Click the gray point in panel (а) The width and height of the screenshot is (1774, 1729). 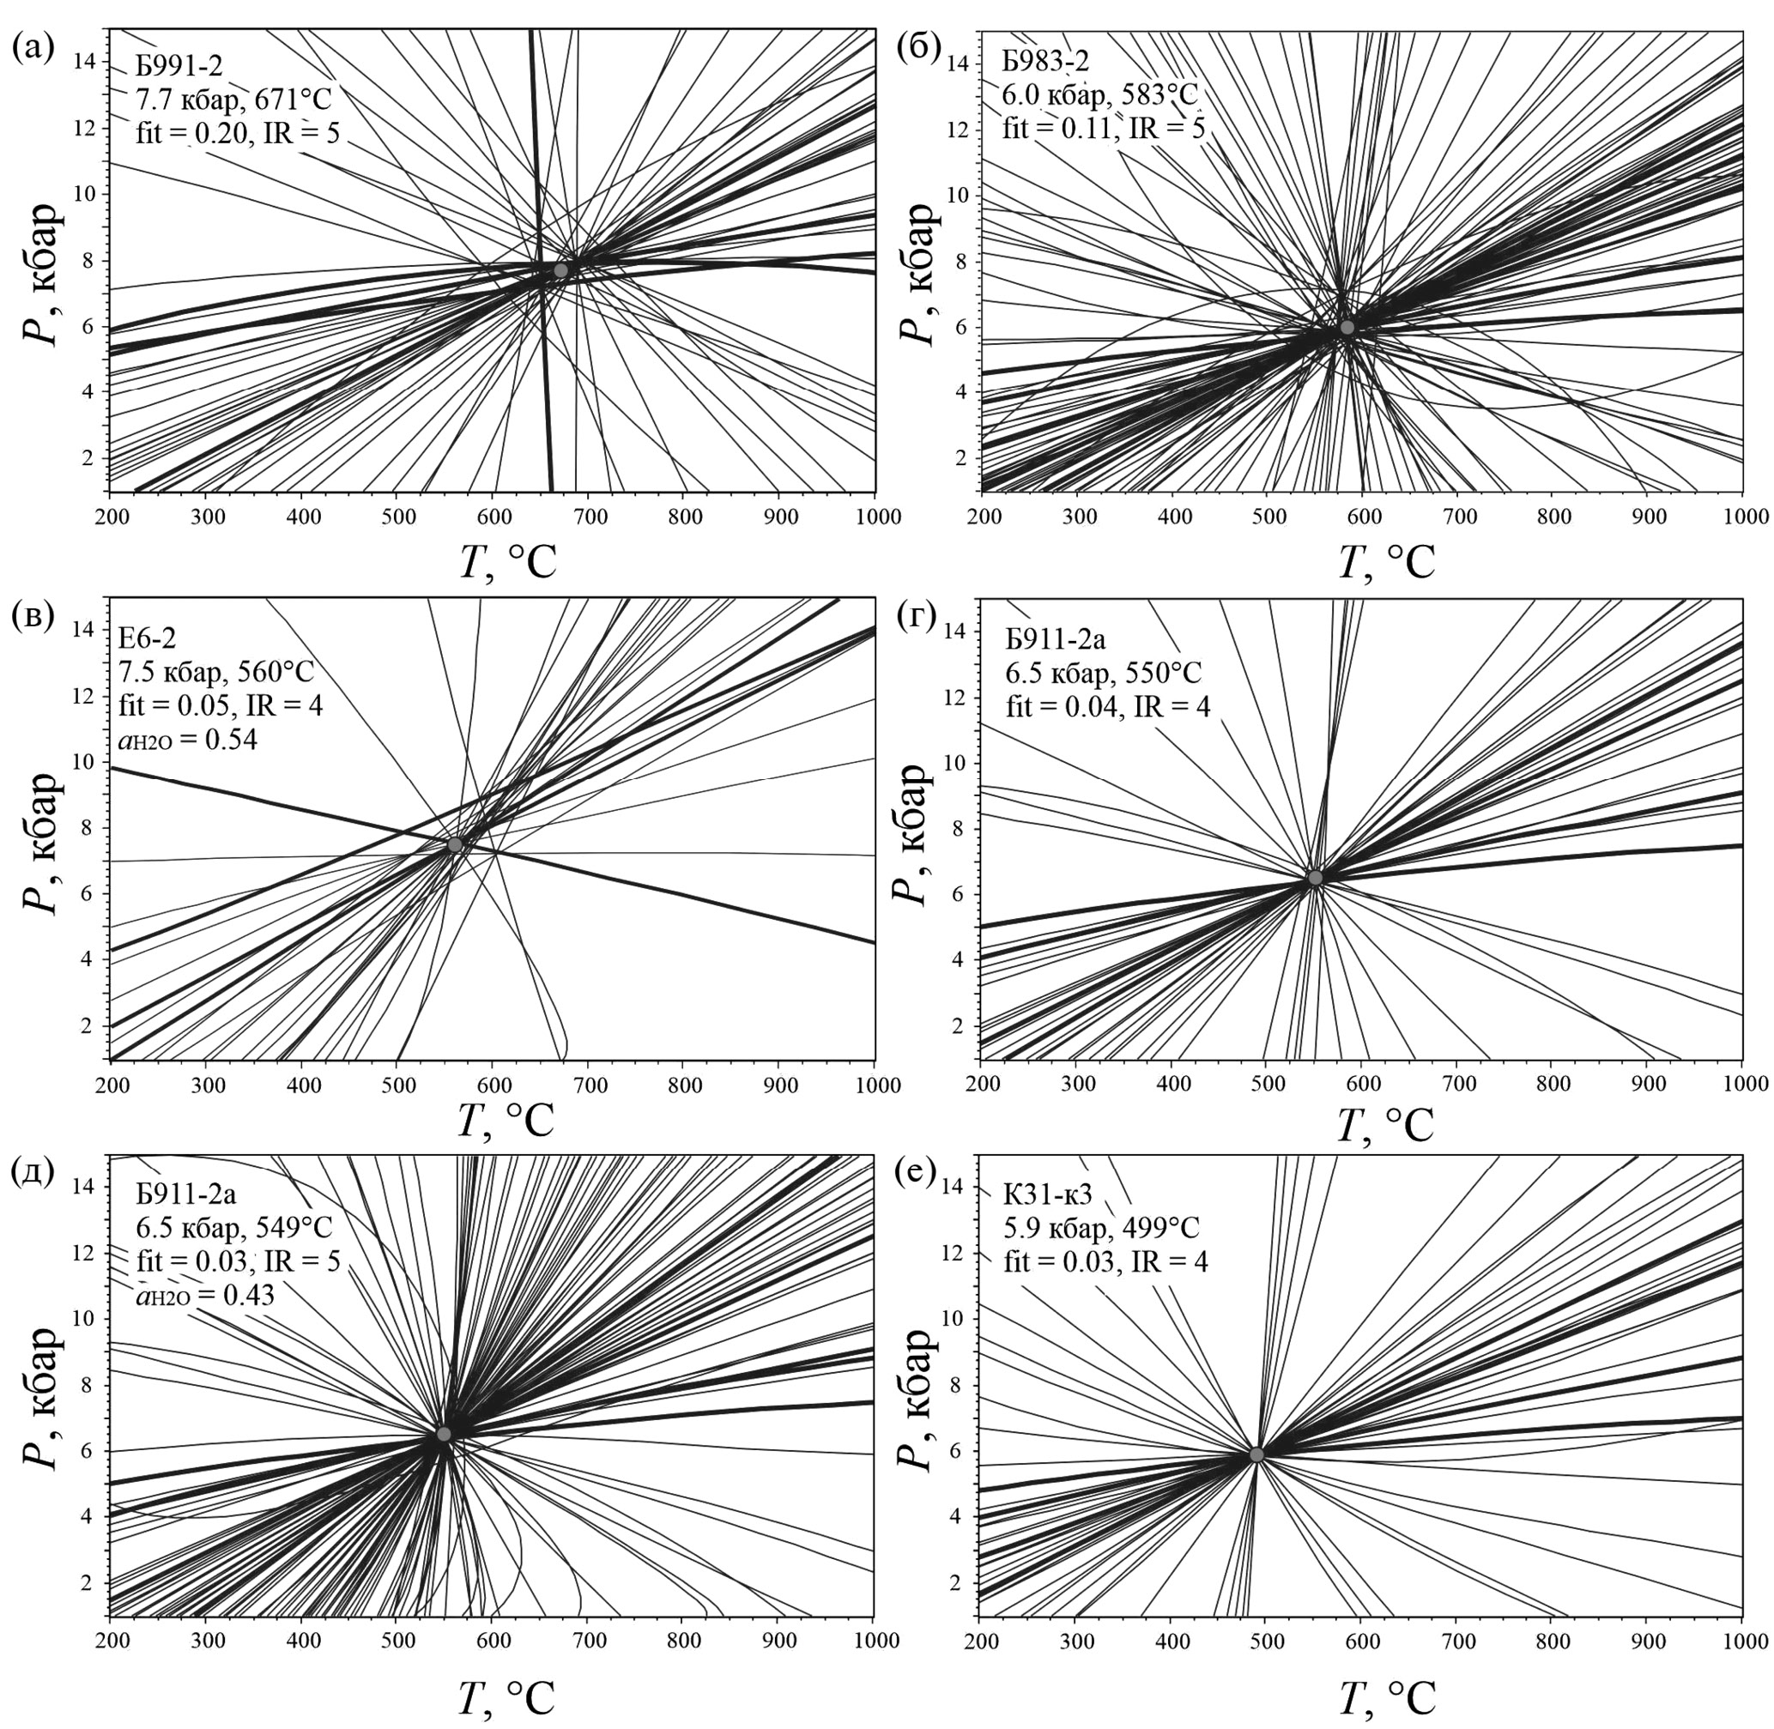click(x=560, y=269)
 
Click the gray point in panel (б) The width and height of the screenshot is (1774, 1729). click(x=1347, y=327)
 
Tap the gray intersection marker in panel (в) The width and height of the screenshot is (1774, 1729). click(x=455, y=844)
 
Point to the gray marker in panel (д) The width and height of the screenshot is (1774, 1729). click(x=443, y=1434)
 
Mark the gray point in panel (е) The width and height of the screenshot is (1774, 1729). click(x=1257, y=1454)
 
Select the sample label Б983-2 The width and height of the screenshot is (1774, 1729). click(x=1044, y=62)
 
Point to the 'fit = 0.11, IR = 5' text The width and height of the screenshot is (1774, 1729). click(x=1104, y=128)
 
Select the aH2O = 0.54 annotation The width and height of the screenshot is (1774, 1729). click(x=188, y=739)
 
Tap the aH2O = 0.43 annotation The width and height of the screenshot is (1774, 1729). click(x=205, y=1295)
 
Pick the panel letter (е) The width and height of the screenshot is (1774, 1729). click(x=916, y=1171)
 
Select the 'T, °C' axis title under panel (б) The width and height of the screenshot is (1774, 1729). click(x=1387, y=564)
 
